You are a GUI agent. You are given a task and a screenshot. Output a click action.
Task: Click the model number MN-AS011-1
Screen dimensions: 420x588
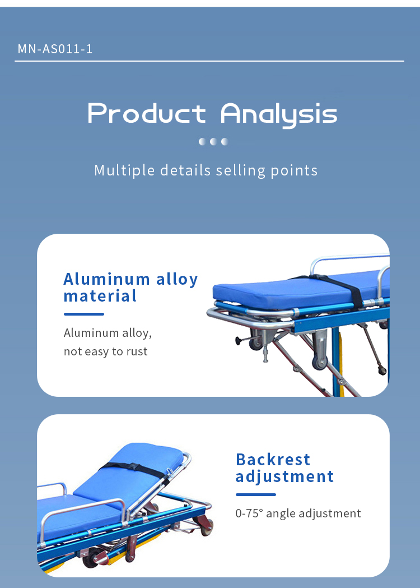coord(55,49)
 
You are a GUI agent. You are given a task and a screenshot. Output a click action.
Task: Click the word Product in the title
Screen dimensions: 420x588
coord(147,113)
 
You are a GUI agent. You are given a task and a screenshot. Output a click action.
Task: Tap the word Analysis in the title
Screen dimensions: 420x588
coord(279,115)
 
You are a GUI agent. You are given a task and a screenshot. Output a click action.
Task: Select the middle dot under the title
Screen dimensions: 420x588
coord(213,141)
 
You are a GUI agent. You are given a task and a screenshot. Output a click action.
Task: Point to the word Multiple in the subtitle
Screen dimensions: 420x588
coord(124,170)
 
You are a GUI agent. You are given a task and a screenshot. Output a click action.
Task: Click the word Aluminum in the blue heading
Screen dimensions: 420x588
coord(106,279)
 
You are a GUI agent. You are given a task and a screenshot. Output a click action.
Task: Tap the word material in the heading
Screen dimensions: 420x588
coord(100,297)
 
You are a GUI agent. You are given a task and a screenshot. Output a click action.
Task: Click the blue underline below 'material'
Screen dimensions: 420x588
coord(84,314)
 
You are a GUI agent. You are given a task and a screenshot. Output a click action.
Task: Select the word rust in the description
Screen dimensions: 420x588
coord(137,351)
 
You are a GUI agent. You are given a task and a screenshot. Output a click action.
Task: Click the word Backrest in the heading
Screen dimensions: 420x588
coord(273,460)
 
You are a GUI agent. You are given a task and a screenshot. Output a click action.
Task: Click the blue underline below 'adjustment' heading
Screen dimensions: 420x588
coord(256,494)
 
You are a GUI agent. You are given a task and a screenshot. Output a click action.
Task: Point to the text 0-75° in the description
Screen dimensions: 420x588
coord(249,513)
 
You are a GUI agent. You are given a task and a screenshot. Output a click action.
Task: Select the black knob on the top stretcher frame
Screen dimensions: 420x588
coord(238,340)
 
